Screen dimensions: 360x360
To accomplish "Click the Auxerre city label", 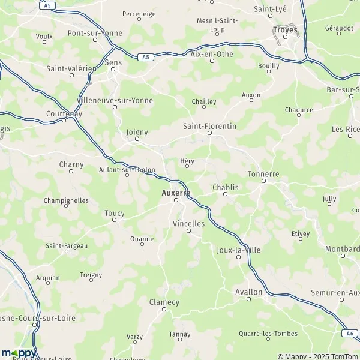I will pos(176,193).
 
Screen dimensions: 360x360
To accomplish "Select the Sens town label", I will pos(113,62).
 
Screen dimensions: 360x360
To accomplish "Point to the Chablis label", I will pos(226,187).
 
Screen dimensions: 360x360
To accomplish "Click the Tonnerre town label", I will pos(263,174).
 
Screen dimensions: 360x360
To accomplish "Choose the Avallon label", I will pos(249,292).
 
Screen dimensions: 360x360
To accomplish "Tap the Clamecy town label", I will pos(164,302).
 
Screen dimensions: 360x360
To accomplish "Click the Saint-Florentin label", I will pos(209,127).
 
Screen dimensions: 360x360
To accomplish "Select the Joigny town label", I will pos(137,131).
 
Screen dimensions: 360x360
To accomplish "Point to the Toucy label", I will pos(115,213).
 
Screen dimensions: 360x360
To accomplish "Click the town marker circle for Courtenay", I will pos(64,120).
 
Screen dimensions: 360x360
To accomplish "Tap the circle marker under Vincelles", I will pos(188,230).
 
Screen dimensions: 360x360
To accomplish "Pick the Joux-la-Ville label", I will pos(239,250).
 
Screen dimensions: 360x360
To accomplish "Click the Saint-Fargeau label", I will pos(67,245).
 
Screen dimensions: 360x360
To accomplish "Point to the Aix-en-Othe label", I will pos(211,53).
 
